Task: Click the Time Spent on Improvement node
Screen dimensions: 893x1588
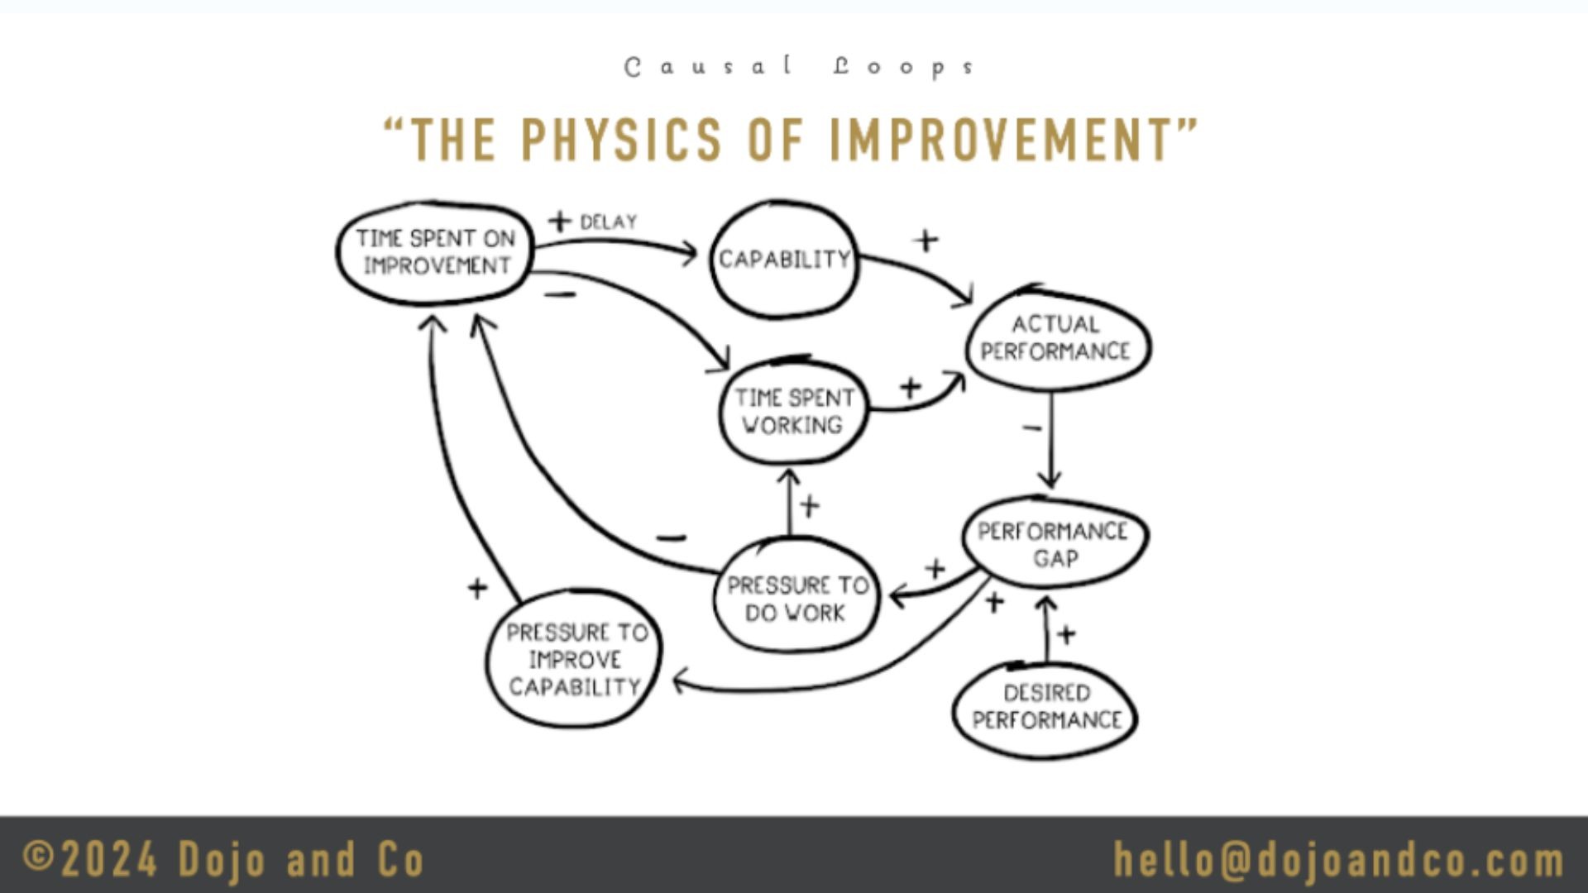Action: [x=435, y=252]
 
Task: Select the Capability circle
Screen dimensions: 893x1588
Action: [x=784, y=259]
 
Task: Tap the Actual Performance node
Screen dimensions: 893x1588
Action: [x=1055, y=338]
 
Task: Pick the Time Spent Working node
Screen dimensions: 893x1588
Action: [x=793, y=412]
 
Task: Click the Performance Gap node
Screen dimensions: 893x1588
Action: [x=1054, y=543]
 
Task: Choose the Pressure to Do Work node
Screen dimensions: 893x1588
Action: [x=796, y=598]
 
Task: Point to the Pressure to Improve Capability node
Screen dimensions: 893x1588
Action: [x=575, y=659]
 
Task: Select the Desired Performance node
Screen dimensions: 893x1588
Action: [x=1046, y=707]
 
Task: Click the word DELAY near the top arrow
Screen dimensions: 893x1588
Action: [x=609, y=222]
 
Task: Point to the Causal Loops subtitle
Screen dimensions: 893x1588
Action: [x=799, y=67]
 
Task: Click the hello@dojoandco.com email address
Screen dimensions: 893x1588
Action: [x=1338, y=860]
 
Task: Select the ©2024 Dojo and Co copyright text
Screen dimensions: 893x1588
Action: [x=223, y=860]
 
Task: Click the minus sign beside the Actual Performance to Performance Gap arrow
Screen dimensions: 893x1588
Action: [x=1031, y=428]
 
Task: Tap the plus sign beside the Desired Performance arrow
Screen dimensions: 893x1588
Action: [x=1067, y=634]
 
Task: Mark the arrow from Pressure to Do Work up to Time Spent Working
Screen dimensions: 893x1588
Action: [x=790, y=504]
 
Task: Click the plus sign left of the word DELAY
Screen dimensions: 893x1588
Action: [x=560, y=221]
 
